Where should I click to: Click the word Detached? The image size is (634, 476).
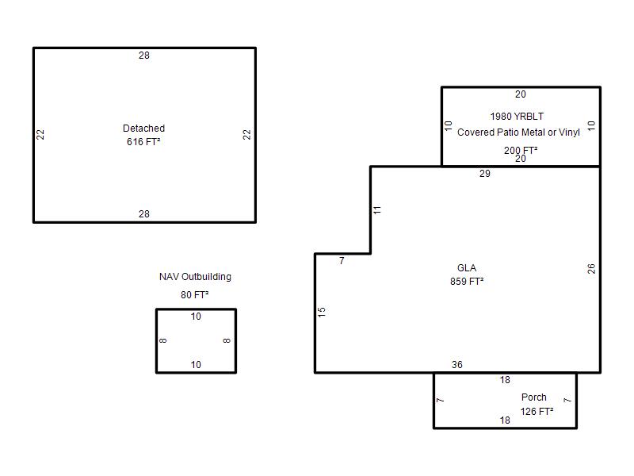[x=143, y=129]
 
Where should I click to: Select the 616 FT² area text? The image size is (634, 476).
[x=143, y=142]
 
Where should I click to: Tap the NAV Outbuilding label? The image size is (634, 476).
[x=195, y=277]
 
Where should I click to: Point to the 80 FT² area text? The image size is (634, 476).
[x=194, y=294]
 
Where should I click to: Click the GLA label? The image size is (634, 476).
[x=467, y=268]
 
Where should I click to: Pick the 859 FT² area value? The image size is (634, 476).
[x=467, y=282]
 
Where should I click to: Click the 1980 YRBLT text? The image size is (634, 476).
[x=517, y=117]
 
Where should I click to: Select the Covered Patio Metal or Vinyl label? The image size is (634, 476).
[x=518, y=132]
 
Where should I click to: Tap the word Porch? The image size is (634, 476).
[x=533, y=397]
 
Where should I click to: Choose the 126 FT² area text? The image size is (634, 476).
[x=537, y=412]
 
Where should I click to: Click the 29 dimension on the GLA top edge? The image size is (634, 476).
[x=485, y=174]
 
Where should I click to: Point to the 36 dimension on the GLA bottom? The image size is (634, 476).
[x=457, y=365]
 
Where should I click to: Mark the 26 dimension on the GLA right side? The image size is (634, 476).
[x=591, y=269]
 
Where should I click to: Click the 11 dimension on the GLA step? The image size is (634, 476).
[x=377, y=210]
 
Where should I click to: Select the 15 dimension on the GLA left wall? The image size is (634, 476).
[x=322, y=312]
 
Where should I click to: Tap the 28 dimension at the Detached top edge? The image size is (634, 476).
[x=144, y=56]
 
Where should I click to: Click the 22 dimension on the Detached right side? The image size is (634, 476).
[x=246, y=135]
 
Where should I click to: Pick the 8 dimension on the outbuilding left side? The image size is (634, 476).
[x=163, y=341]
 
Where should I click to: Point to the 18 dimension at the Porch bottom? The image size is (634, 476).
[x=505, y=420]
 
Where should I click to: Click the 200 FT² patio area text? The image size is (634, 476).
[x=521, y=150]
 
